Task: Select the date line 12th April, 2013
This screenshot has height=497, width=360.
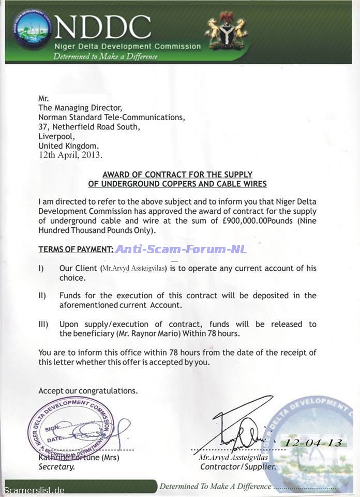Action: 70,154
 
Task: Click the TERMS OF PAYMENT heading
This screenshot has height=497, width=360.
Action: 76,249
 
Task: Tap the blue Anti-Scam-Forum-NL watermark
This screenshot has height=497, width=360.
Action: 181,249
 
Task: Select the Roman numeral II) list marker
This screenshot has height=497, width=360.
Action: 43,296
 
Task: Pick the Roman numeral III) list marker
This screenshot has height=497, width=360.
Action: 44,324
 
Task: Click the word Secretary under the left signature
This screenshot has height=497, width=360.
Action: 57,466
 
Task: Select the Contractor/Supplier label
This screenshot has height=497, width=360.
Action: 238,466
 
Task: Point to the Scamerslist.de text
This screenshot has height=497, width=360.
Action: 35,490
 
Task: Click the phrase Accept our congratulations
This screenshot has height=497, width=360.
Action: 88,391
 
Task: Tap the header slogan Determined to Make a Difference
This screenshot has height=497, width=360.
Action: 106,56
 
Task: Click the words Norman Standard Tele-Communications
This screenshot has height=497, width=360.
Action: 112,118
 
